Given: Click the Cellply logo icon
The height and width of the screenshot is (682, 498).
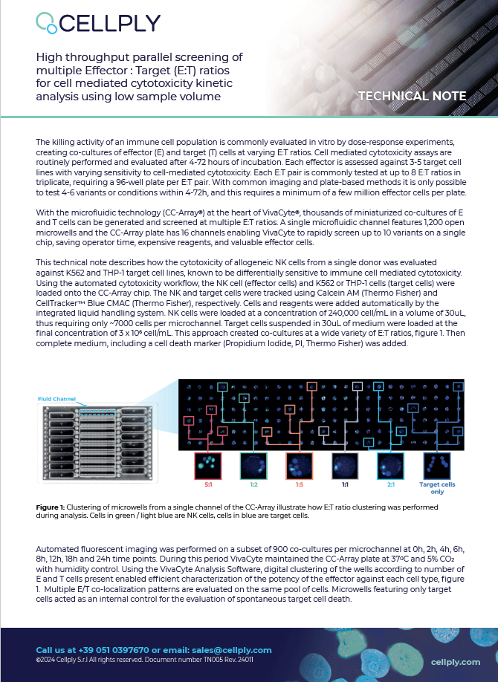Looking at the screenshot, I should (46, 22).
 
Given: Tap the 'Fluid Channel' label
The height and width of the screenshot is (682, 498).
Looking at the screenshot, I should (56, 399).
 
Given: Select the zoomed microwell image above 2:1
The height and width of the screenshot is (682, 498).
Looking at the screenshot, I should (390, 467).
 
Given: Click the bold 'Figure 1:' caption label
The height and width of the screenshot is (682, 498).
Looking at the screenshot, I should (51, 507).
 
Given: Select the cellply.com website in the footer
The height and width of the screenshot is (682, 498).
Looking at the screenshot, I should (455, 661).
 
